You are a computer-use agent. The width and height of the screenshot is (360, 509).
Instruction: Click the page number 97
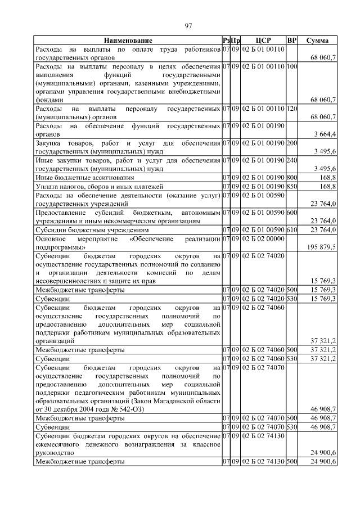tap(188, 25)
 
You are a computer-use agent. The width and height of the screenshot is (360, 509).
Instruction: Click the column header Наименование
tap(128, 40)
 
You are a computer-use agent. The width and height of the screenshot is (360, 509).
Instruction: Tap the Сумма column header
tap(317, 40)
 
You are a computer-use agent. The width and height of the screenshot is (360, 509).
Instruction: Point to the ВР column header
tap(291, 40)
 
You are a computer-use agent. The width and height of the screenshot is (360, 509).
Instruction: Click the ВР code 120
tap(291, 107)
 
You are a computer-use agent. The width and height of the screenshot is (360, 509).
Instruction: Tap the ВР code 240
tap(291, 160)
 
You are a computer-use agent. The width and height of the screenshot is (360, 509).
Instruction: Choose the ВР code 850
tap(291, 186)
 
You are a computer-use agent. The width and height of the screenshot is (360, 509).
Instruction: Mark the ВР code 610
tap(291, 229)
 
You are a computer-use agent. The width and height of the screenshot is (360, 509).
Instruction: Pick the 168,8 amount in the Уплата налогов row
tap(327, 186)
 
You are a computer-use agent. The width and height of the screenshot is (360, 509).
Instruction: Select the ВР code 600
tap(291, 213)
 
